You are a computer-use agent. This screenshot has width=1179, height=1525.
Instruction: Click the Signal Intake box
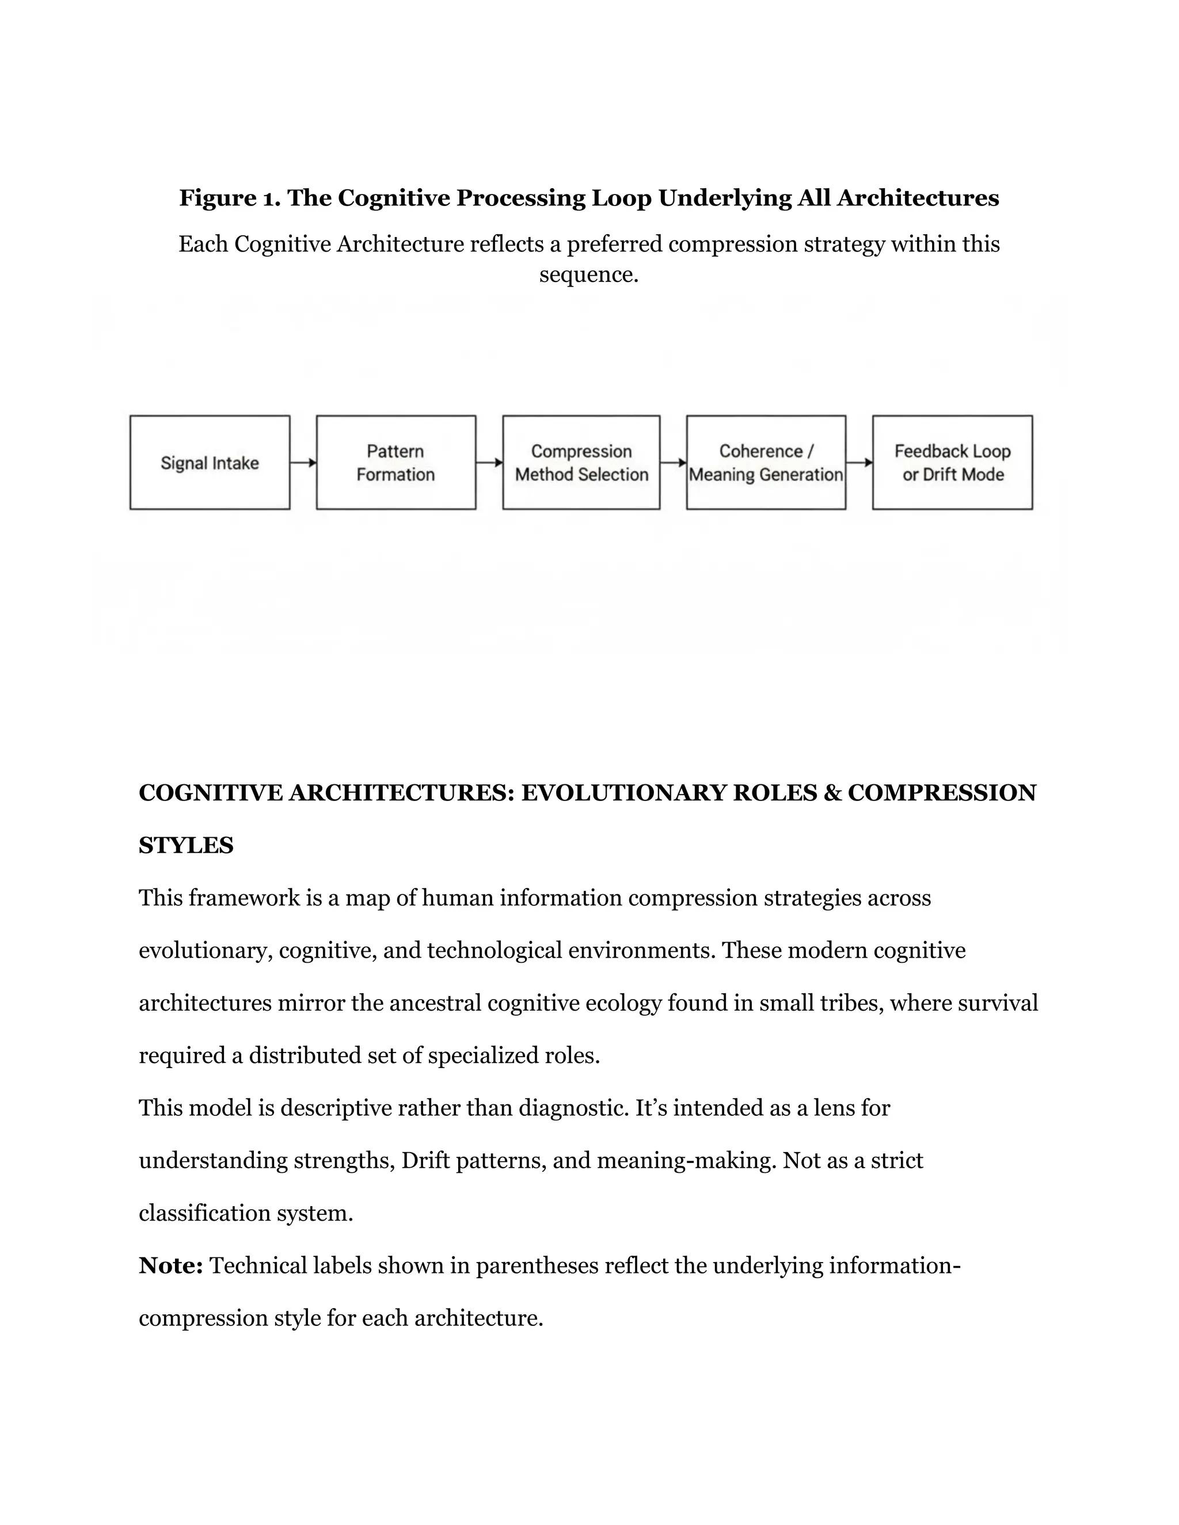[210, 462]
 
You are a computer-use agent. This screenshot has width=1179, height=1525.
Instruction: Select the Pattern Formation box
[396, 462]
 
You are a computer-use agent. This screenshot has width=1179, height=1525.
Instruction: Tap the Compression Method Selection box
[581, 462]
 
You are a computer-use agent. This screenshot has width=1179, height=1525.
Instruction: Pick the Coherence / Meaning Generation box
[766, 462]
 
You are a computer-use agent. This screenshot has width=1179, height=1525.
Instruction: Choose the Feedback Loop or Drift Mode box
[952, 462]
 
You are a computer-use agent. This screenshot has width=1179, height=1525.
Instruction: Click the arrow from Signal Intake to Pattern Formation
[303, 462]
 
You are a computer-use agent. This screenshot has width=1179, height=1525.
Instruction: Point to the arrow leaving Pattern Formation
[489, 462]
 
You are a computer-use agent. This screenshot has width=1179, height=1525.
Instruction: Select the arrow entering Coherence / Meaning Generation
[672, 462]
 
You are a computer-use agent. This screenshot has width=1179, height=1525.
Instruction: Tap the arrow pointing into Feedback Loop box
[859, 462]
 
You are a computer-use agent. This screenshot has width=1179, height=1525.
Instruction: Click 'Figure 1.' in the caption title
[230, 199]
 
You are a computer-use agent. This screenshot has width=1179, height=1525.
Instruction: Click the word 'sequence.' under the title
[589, 274]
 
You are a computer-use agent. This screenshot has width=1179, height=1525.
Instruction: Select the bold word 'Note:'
[170, 1265]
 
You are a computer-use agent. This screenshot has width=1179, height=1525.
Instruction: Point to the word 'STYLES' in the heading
[186, 845]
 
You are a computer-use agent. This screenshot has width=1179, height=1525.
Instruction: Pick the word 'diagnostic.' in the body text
[573, 1108]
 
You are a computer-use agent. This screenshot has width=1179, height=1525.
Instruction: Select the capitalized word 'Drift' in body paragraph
[425, 1161]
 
